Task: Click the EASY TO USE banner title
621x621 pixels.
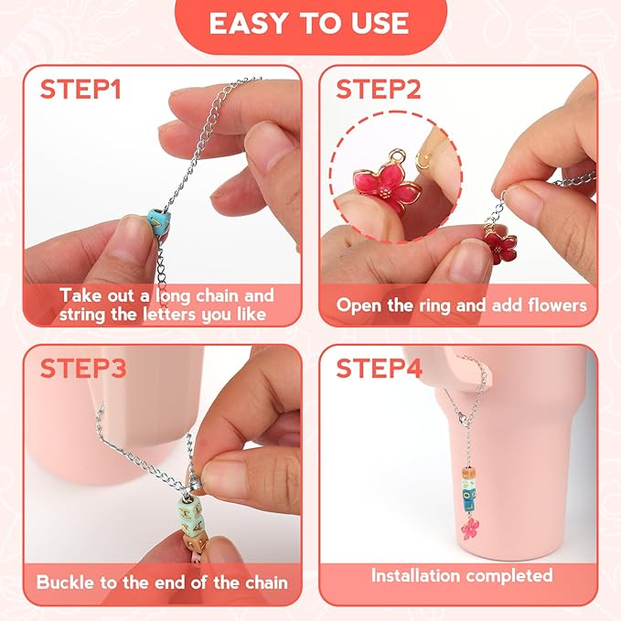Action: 309,24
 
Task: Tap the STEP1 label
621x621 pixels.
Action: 80,89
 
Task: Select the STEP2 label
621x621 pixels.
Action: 379,89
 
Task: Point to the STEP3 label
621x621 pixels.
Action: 83,369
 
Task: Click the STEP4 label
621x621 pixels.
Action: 379,369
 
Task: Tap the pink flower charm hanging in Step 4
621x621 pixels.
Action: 470,528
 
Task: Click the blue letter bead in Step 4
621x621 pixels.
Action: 469,499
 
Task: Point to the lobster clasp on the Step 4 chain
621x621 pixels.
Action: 462,417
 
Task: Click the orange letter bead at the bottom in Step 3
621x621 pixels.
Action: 195,542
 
